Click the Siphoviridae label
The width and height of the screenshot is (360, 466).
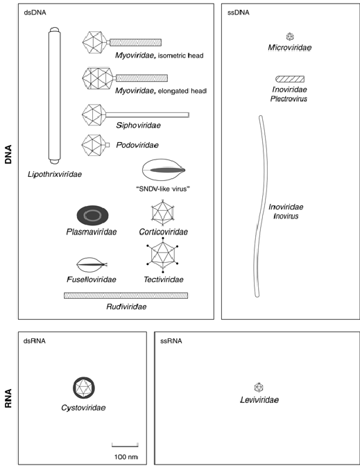[138, 126]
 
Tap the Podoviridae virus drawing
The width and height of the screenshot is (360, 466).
[96, 145]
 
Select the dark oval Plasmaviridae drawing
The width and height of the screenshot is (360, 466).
[93, 215]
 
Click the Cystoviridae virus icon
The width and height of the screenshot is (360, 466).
[84, 388]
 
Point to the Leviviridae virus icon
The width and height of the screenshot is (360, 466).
[259, 387]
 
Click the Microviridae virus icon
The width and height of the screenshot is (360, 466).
[290, 37]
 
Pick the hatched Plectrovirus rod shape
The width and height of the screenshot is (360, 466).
[290, 79]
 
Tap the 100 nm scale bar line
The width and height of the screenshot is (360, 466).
[125, 445]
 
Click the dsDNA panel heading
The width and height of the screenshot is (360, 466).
[35, 12]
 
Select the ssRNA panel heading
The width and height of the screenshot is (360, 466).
[171, 341]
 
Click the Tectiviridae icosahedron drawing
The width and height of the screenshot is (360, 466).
[162, 255]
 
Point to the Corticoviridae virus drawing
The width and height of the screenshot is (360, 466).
[162, 213]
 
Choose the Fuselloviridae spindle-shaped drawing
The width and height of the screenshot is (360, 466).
[92, 264]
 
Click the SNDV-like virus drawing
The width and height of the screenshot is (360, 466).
[164, 170]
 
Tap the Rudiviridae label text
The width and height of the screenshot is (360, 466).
[126, 307]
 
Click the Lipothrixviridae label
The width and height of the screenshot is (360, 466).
[55, 175]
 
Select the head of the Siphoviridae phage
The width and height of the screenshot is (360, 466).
[94, 114]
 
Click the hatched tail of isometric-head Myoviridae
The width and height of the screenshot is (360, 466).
[135, 42]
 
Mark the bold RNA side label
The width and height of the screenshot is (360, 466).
[8, 398]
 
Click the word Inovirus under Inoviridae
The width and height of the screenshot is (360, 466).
[286, 216]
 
